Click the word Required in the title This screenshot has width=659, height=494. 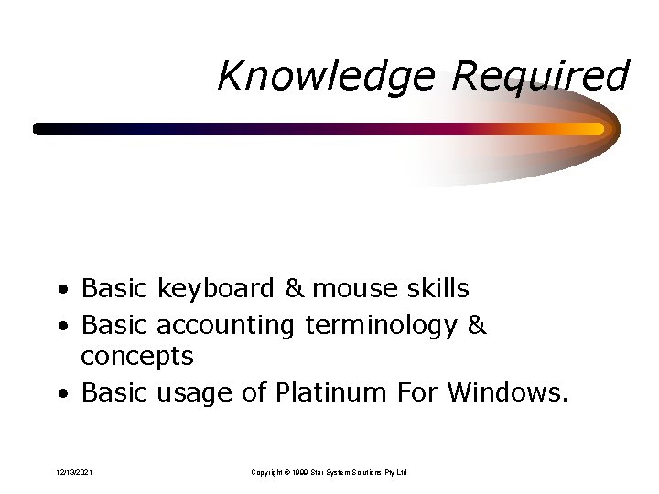540,76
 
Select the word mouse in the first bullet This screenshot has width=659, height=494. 351,289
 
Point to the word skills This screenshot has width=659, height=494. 434,289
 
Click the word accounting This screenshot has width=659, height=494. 226,325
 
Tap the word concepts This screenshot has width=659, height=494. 136,355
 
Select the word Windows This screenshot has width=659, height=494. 507,394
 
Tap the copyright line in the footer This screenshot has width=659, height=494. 329,472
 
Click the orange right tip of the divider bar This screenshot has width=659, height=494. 599,129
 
